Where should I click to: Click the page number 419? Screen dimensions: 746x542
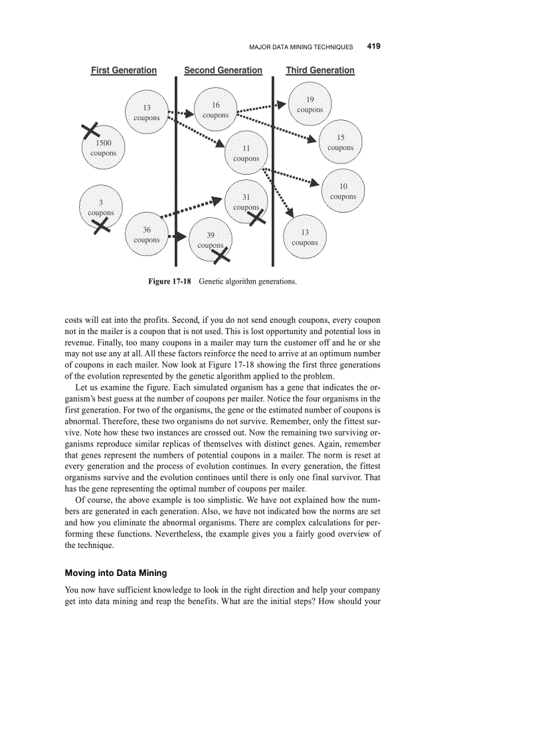click(373, 47)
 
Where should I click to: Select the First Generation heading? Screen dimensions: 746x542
click(124, 70)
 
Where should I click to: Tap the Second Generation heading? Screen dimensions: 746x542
click(223, 70)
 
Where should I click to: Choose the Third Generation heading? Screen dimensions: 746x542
click(320, 70)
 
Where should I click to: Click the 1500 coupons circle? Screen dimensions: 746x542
click(104, 148)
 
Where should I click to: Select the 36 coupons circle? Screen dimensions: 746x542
click(147, 234)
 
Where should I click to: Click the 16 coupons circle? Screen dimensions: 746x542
click(216, 110)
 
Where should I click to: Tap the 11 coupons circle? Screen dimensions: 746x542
click(246, 153)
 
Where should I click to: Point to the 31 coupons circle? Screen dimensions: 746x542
click(246, 201)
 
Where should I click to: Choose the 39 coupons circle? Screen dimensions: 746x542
click(211, 240)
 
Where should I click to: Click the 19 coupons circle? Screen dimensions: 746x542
click(310, 104)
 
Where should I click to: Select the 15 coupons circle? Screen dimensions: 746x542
click(341, 143)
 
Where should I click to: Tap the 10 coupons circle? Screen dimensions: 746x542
click(343, 191)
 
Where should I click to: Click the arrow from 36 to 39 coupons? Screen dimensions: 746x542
click(177, 236)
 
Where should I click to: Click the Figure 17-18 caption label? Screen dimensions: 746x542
click(169, 282)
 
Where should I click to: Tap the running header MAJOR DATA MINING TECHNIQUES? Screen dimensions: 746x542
click(301, 47)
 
